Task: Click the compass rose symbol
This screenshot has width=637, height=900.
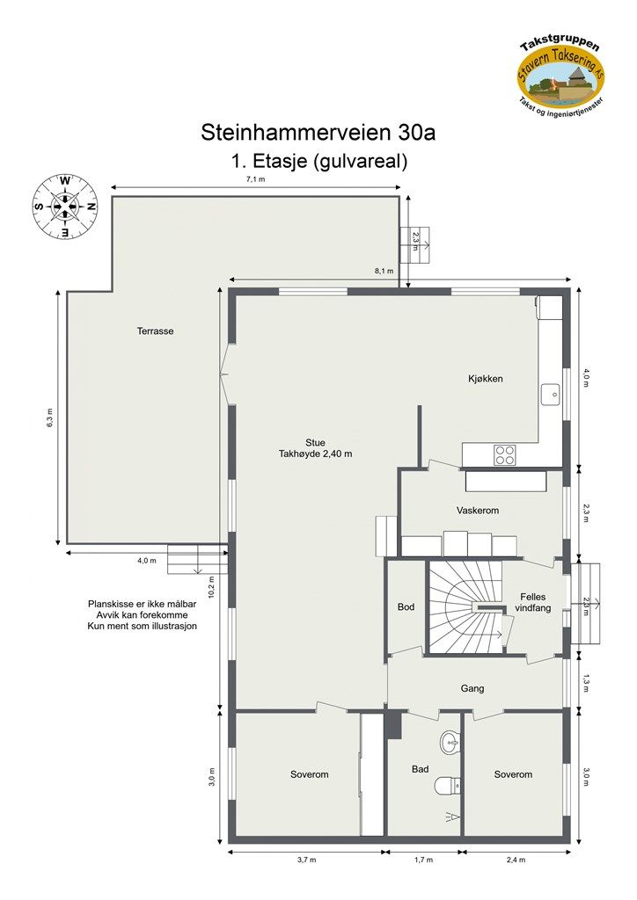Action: (65, 207)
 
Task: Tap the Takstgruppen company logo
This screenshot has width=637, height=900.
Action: (560, 75)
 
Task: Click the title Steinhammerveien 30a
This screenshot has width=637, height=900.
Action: (318, 133)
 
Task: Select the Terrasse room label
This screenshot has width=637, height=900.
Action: (155, 331)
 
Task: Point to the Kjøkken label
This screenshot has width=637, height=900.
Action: (485, 379)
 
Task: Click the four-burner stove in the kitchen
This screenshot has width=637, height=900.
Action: (505, 454)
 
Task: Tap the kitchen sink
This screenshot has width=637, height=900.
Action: (552, 395)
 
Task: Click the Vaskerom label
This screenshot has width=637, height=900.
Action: (478, 511)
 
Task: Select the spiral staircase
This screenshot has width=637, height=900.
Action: (465, 607)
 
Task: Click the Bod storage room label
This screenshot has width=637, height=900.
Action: (406, 607)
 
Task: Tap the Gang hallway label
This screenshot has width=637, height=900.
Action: (472, 688)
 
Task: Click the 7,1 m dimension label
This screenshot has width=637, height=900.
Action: (255, 178)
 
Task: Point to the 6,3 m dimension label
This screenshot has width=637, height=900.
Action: (50, 417)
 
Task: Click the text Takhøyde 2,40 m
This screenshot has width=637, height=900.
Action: (315, 454)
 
